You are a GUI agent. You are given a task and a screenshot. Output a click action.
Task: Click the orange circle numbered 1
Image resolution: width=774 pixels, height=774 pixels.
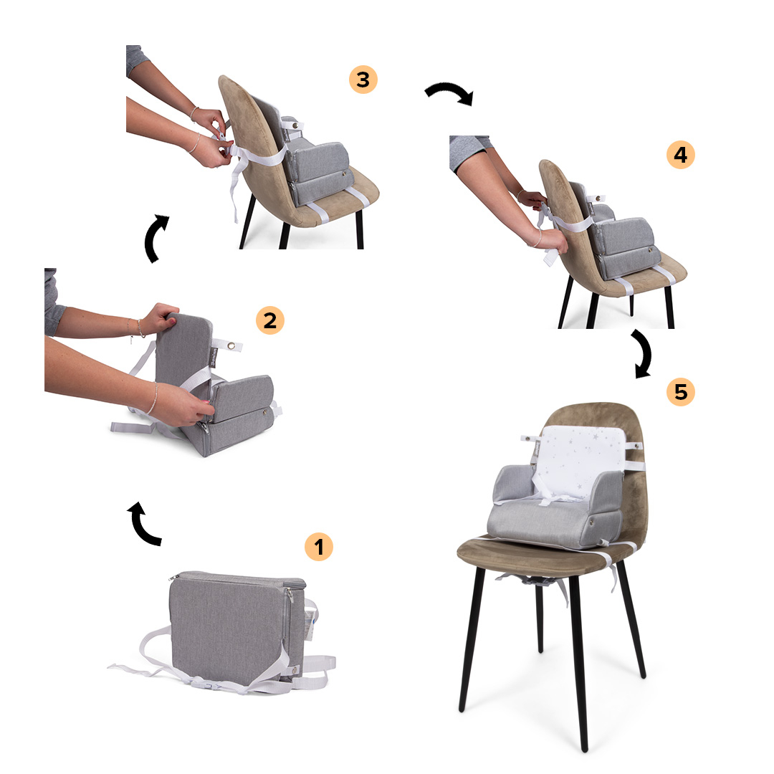[x=319, y=546]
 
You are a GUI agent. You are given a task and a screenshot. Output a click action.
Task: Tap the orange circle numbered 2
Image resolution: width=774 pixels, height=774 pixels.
[x=270, y=320]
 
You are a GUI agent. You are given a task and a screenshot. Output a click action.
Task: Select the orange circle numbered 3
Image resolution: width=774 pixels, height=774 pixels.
[x=363, y=80]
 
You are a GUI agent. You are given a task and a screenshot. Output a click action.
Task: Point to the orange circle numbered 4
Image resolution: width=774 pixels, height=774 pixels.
[x=681, y=155]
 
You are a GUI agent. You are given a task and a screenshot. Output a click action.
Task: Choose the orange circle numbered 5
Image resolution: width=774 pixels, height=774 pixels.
[x=681, y=392]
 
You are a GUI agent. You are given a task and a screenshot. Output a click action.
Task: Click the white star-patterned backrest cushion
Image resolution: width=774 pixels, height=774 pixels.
[x=579, y=459]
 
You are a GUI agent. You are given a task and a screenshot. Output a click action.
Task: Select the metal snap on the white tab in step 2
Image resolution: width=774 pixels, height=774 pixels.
[x=231, y=347]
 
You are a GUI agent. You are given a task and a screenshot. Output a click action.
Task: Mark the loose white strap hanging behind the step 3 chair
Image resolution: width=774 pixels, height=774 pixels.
[x=236, y=185]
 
